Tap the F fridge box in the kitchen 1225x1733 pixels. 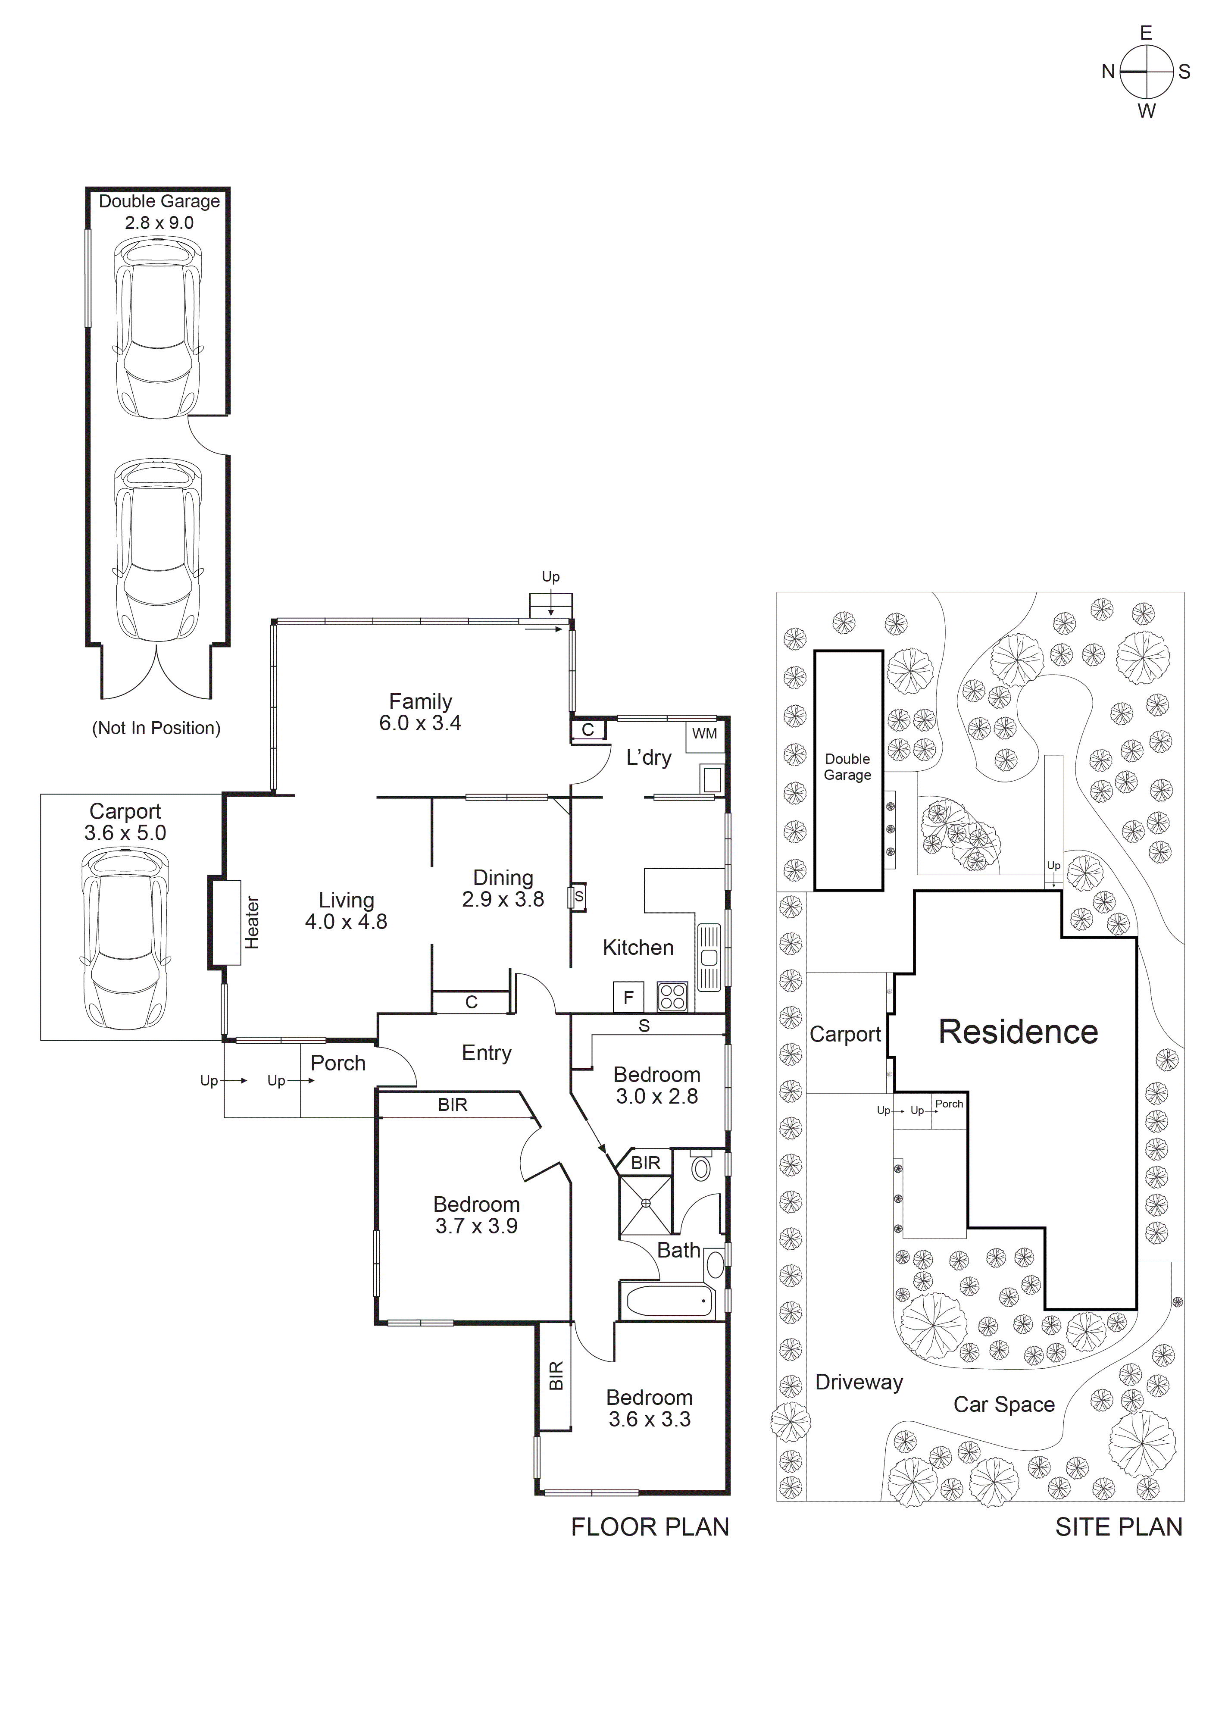coord(628,998)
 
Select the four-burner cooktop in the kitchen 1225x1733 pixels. coord(672,997)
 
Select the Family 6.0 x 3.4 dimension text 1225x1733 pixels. coord(420,723)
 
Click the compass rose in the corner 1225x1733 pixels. coord(1146,72)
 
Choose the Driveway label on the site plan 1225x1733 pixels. coord(859,1383)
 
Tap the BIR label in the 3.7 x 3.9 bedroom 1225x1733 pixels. coord(453,1105)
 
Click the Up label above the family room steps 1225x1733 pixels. coord(550,577)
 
